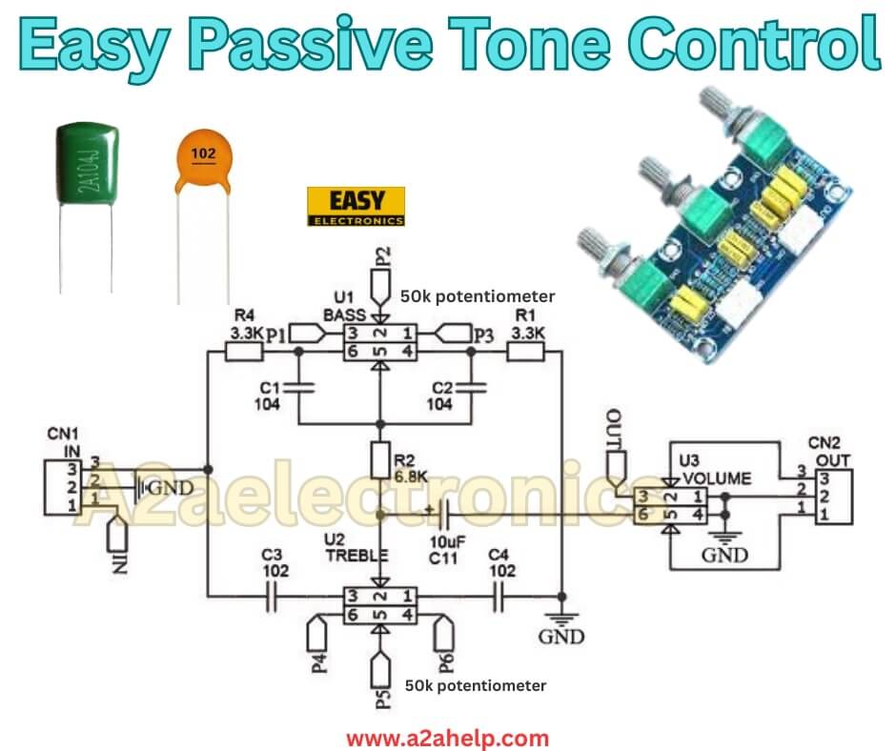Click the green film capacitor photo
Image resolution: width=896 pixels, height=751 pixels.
click(87, 167)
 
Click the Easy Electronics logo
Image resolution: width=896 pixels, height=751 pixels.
click(356, 207)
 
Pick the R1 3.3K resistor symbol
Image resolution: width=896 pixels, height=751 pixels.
click(524, 352)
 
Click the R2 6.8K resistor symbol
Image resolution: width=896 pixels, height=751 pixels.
click(381, 459)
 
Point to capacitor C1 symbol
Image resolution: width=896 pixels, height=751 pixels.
click(298, 388)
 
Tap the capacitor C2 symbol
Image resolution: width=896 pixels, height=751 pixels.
click(470, 388)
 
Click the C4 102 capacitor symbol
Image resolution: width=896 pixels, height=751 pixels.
click(499, 598)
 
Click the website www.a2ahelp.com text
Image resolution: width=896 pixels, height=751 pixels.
click(447, 738)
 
